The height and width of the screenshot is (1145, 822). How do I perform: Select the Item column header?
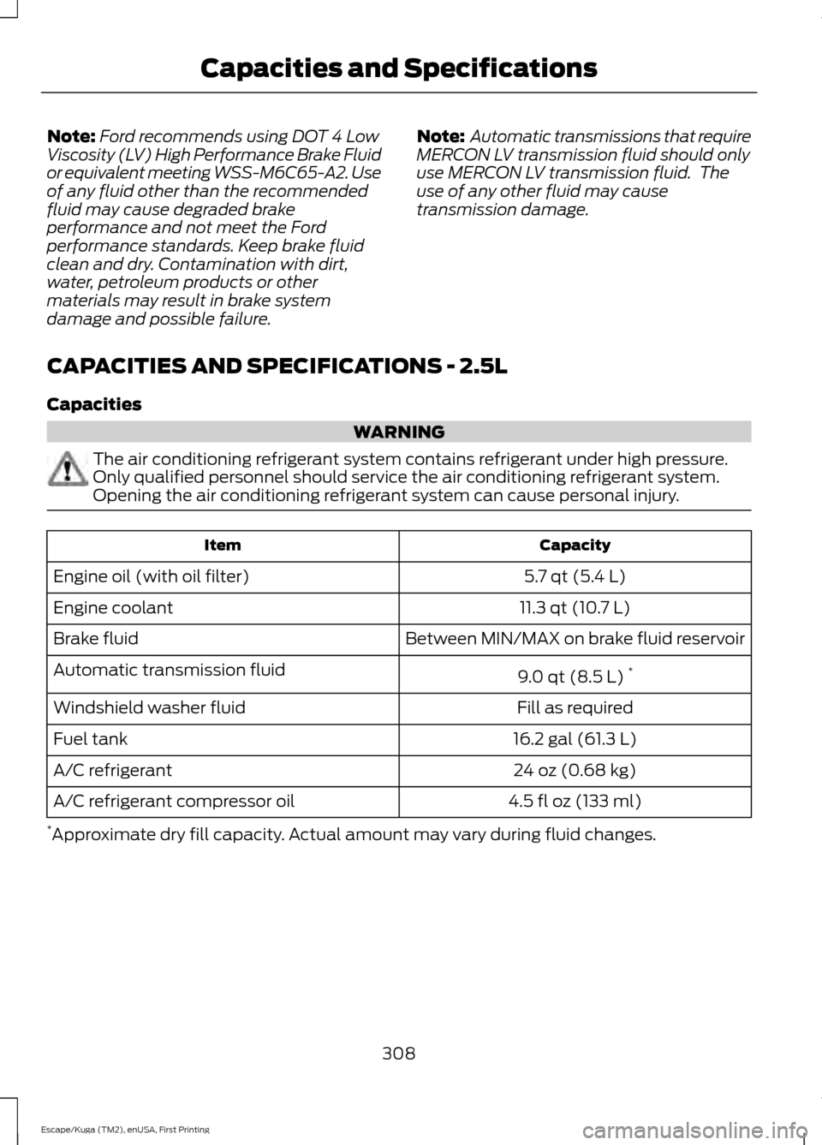pos(223,546)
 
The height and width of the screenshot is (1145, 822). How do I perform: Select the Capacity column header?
pos(574,546)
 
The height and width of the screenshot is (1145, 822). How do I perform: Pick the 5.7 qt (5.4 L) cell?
pos(574,576)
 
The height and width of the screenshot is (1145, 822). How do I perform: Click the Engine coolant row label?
pos(113,608)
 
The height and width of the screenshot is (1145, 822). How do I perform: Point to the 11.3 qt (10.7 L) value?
pos(574,608)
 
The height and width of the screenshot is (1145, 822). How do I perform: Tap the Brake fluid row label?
pos(96,639)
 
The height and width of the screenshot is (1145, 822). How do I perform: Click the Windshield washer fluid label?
pos(149,707)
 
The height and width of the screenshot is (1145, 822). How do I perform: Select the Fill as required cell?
pos(574,707)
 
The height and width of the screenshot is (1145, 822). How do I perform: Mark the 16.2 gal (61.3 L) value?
pos(574,738)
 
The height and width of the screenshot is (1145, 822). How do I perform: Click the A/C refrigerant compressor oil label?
pos(174,802)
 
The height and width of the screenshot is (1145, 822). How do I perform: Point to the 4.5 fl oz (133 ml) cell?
pos(574,802)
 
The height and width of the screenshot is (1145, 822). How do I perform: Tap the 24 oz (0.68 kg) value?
pos(574,770)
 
